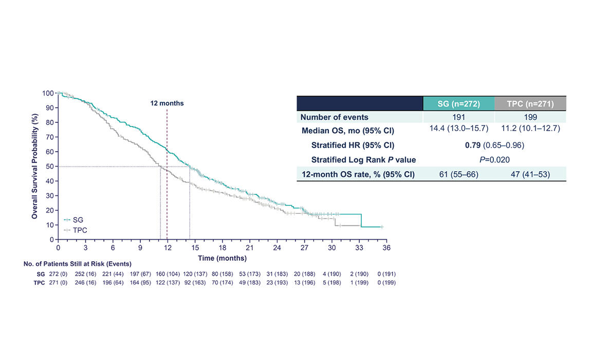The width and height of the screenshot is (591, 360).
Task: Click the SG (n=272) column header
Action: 458,103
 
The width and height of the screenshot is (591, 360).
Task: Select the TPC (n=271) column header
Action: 530,103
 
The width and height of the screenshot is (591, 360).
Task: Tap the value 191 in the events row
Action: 458,117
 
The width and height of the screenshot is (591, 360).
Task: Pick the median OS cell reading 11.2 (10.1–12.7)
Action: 530,128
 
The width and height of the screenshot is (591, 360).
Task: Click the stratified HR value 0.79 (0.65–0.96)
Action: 494,146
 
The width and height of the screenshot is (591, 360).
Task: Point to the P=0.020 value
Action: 494,159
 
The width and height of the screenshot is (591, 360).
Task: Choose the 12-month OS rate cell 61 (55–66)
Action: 458,174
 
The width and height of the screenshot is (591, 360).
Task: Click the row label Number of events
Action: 334,117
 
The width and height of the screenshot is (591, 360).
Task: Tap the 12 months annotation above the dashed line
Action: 167,103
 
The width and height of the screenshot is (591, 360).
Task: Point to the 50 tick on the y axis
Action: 50,166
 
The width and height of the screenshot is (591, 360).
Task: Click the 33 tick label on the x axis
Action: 359,248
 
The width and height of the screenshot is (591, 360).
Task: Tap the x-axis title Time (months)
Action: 223,258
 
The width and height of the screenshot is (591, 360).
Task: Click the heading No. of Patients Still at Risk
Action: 77,264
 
